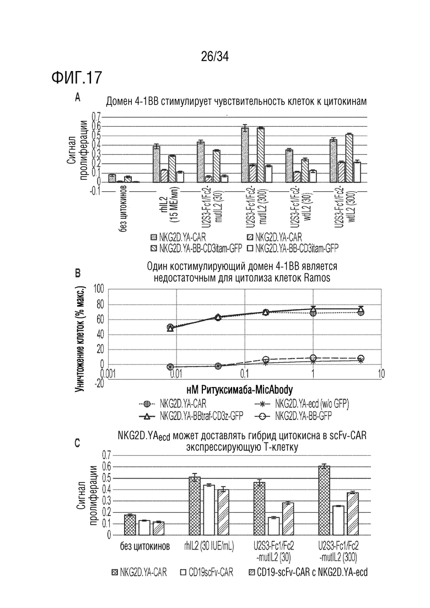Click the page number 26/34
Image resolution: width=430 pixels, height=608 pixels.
(215, 57)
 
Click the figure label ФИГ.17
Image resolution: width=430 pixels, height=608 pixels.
(77, 78)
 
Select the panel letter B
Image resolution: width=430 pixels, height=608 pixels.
(78, 274)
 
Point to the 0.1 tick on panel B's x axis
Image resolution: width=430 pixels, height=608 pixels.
(244, 373)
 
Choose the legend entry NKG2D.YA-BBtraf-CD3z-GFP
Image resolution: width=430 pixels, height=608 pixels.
(201, 416)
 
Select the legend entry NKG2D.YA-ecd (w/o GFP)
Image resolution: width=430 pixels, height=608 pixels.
(313, 403)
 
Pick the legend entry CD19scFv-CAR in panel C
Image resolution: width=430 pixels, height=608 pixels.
(211, 572)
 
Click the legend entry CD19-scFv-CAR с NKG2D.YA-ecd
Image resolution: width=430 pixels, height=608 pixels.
(311, 572)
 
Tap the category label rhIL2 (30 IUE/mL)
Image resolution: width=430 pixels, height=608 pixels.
(209, 547)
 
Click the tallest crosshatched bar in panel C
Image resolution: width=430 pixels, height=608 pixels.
(324, 500)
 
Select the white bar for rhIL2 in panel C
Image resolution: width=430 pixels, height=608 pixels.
(209, 510)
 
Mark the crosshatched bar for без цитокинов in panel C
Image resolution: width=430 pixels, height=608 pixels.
(130, 525)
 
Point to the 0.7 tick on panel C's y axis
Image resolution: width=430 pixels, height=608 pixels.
(106, 455)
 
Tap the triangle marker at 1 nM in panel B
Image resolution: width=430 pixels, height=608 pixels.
(313, 310)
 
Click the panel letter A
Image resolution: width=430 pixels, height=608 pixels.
(78, 98)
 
